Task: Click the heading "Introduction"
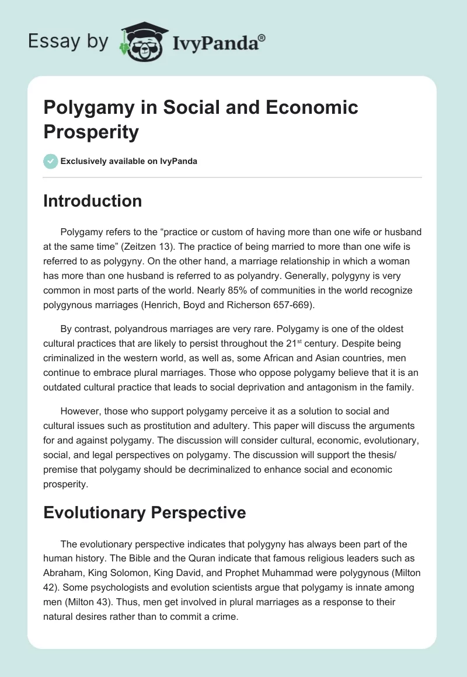pyautogui.click(x=93, y=201)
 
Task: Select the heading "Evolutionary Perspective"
pyautogui.click(x=145, y=512)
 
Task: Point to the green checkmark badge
pyautogui.click(x=51, y=161)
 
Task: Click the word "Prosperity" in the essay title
pyautogui.click(x=92, y=132)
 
